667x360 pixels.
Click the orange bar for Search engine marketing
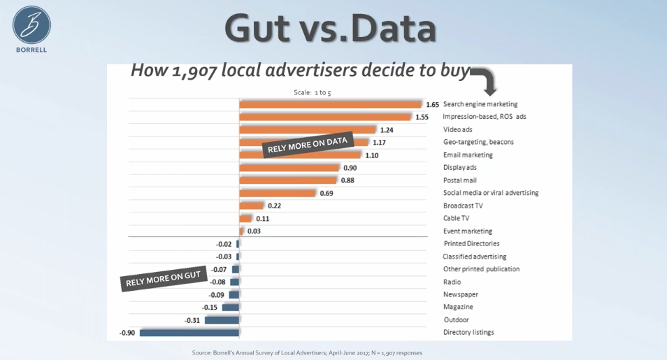tap(330, 104)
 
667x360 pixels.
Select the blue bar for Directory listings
tap(189, 333)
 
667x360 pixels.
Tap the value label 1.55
tap(422, 117)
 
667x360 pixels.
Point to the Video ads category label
tap(457, 129)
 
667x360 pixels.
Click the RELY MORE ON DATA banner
tap(308, 145)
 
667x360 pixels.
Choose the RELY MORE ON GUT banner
tap(164, 279)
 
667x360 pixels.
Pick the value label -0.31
tap(192, 320)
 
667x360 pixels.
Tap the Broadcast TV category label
tap(463, 206)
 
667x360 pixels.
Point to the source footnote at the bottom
tap(307, 353)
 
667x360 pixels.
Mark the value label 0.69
tap(327, 193)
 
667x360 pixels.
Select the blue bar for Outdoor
tap(222, 320)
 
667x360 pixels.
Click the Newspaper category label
tap(461, 294)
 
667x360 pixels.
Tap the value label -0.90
tap(127, 333)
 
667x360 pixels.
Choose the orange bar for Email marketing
tap(300, 154)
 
